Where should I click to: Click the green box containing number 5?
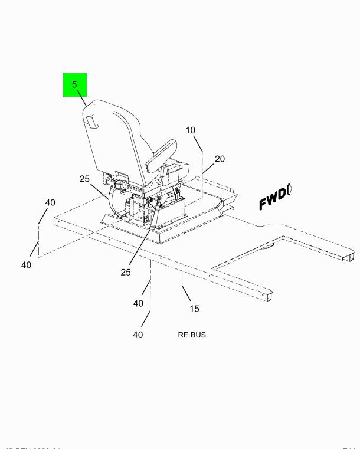75,85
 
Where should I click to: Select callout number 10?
191,130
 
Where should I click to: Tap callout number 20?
220,159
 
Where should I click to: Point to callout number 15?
194,309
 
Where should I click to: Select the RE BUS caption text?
192,335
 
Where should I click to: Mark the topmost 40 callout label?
50,202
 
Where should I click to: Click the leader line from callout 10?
202,171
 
